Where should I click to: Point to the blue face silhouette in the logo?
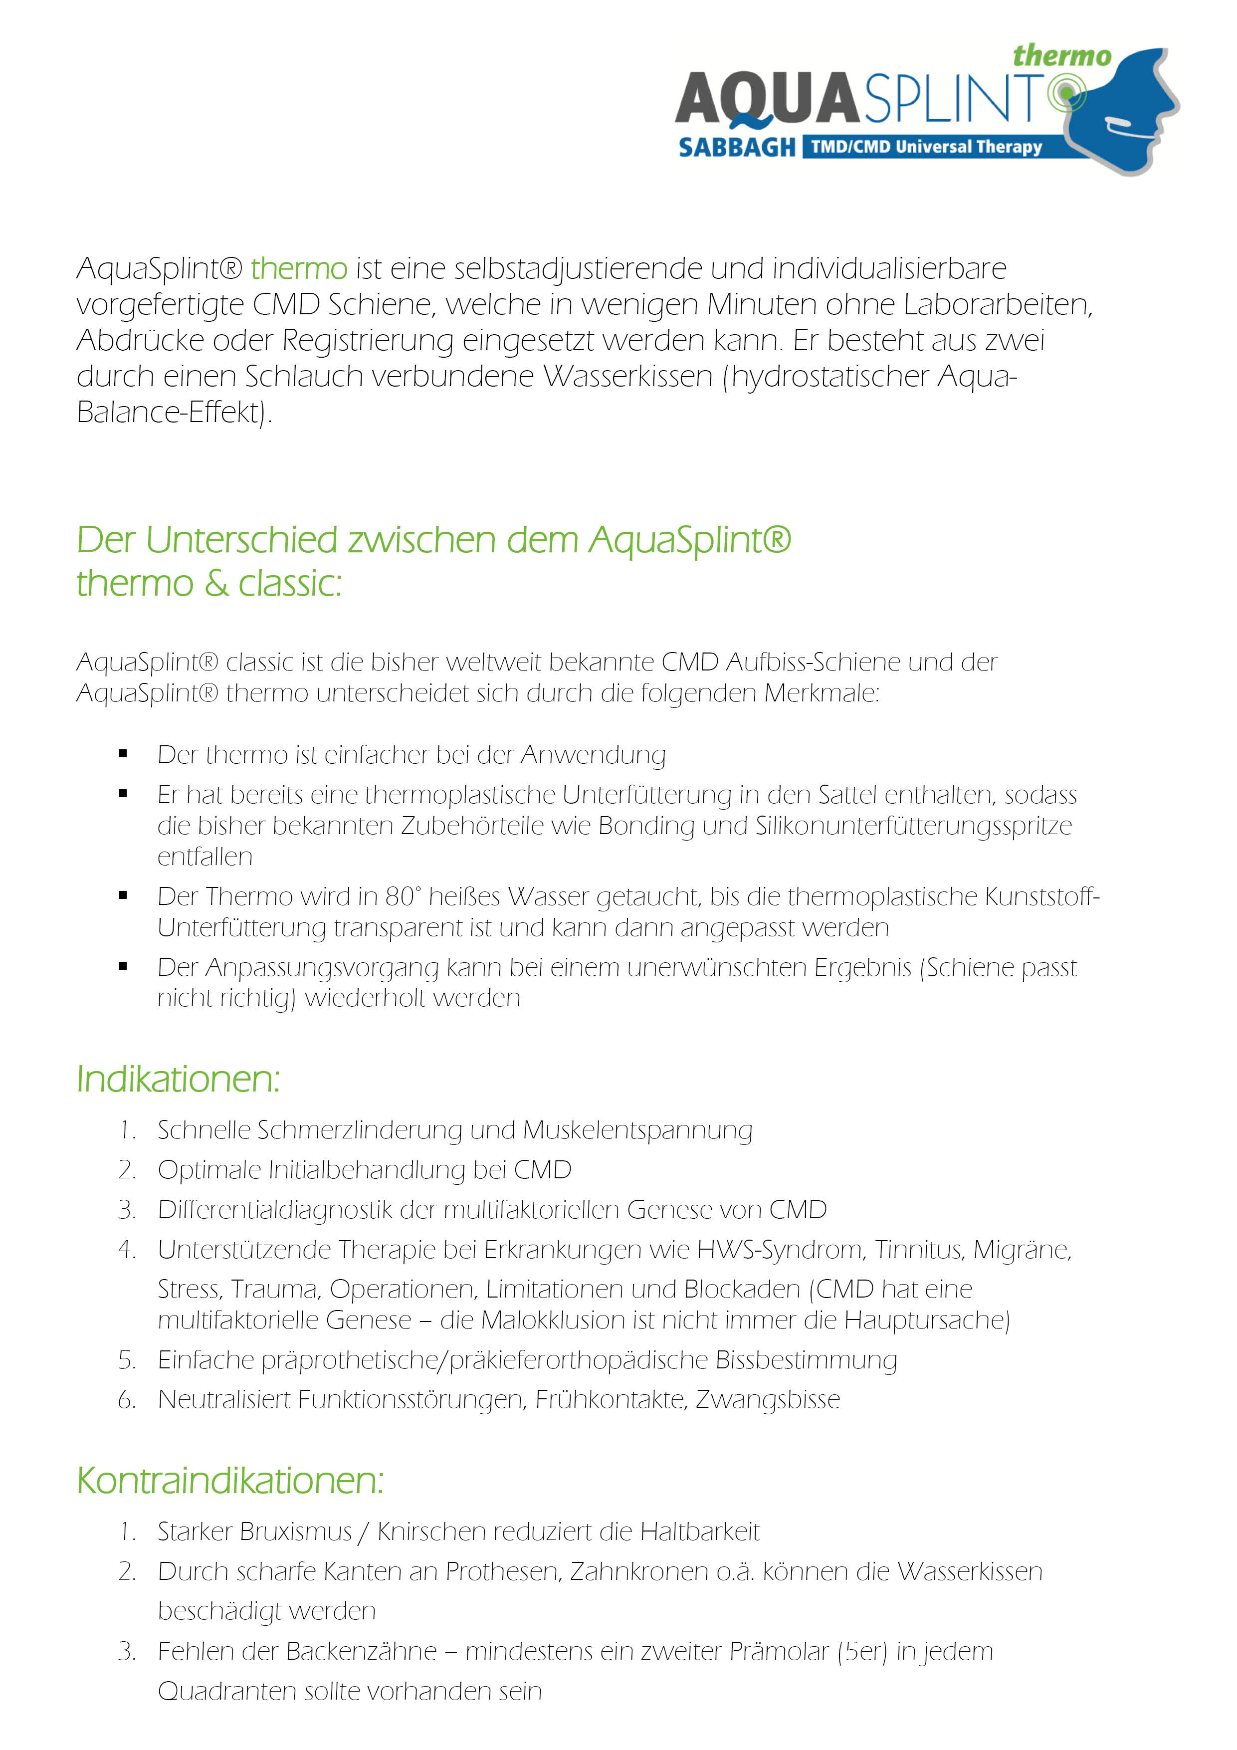(x=1136, y=114)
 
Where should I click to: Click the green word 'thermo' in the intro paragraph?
(x=299, y=268)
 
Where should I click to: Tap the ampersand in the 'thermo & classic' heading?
(x=216, y=584)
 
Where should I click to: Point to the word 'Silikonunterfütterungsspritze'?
(x=913, y=826)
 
